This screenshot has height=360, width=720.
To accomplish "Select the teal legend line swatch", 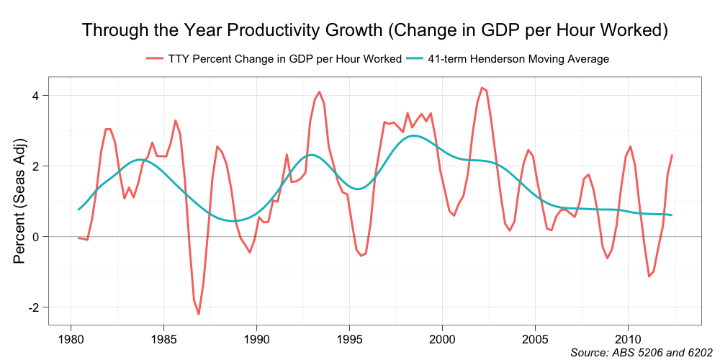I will (414, 59).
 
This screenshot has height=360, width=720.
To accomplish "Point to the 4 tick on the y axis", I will (44, 96).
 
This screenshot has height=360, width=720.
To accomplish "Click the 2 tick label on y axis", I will (44, 166).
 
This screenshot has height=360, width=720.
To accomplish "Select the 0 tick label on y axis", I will (44, 237).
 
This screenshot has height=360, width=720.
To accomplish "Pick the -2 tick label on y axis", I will (42, 307).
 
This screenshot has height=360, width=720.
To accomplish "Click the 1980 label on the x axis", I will (71, 338).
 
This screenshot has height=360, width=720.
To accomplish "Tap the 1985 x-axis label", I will (163, 338).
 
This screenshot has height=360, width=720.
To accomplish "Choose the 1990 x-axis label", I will (256, 338).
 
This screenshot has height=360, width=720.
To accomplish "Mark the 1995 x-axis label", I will (349, 338).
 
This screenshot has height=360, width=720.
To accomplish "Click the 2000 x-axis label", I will (442, 338).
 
